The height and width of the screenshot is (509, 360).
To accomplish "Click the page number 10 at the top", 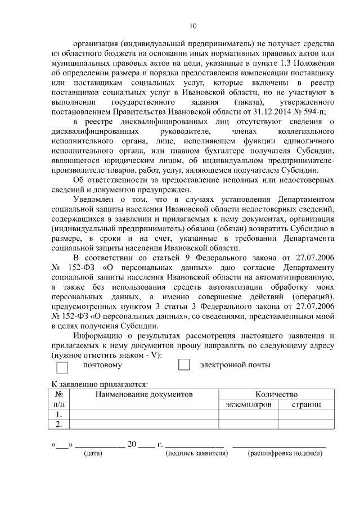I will pyautogui.click(x=193, y=25).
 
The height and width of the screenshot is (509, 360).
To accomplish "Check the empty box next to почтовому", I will pyautogui.click(x=62, y=367).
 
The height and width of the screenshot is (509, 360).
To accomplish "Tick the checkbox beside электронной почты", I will pyautogui.click(x=184, y=364).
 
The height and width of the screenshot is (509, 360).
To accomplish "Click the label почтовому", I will pyautogui.click(x=102, y=365).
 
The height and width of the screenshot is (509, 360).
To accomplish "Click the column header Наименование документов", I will pyautogui.click(x=144, y=394).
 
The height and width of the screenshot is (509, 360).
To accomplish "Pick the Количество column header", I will pyautogui.click(x=276, y=394).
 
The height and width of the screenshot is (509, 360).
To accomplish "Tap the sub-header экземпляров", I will pyautogui.click(x=248, y=404).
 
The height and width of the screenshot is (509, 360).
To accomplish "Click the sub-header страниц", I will pyautogui.click(x=307, y=404).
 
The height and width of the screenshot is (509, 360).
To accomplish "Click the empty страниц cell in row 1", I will pyautogui.click(x=307, y=415).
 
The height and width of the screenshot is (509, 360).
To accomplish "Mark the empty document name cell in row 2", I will pyautogui.click(x=144, y=424).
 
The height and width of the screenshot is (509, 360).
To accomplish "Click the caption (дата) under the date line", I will pyautogui.click(x=93, y=453).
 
